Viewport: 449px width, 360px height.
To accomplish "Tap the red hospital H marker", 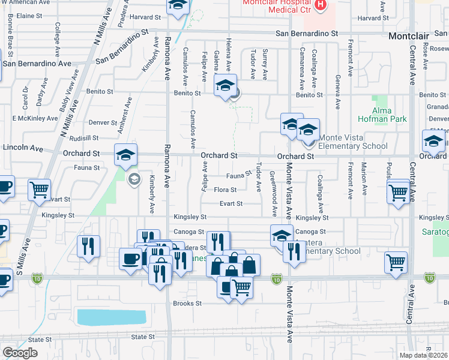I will pyautogui.click(x=321, y=5).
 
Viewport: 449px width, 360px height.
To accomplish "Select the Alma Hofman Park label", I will pyautogui.click(x=383, y=115).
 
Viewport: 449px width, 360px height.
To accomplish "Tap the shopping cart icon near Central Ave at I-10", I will pyautogui.click(x=396, y=262).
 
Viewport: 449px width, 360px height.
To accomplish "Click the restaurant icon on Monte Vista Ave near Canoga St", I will pyautogui.click(x=294, y=250).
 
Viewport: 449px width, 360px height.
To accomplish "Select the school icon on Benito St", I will pyautogui.click(x=225, y=85).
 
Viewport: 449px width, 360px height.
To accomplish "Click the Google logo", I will pyautogui.click(x=19, y=352).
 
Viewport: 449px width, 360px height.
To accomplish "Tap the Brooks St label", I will pyautogui.click(x=187, y=304).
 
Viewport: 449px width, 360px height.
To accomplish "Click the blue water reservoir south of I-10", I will pyautogui.click(x=111, y=317).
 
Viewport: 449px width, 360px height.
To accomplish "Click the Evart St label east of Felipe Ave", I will pyautogui.click(x=231, y=203).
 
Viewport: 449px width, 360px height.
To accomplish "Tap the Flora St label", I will pyautogui.click(x=225, y=190).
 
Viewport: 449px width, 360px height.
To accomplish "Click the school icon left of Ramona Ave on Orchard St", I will pyautogui.click(x=126, y=155).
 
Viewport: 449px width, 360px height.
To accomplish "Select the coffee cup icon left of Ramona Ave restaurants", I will pyautogui.click(x=130, y=259).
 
